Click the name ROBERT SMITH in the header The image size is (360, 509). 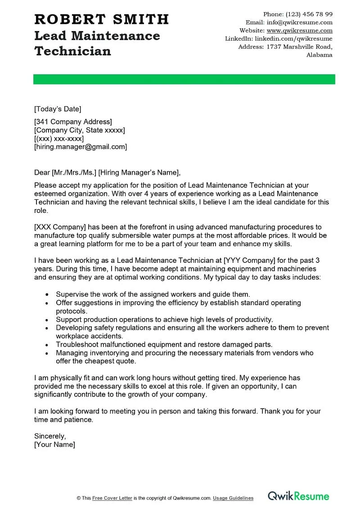click(x=101, y=19)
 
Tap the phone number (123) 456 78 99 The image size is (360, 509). click(x=310, y=14)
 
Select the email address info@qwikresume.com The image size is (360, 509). click(x=299, y=22)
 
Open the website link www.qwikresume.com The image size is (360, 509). click(x=299, y=31)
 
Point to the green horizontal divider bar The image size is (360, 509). click(x=184, y=79)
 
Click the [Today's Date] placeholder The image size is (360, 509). click(x=58, y=108)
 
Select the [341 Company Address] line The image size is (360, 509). click(x=73, y=122)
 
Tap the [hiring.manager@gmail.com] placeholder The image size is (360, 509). click(x=81, y=147)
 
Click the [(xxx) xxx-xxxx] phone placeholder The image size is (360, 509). click(x=59, y=139)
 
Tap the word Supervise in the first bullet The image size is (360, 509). click(x=72, y=294)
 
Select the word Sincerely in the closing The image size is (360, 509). click(x=50, y=436)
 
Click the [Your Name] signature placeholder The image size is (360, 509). click(x=54, y=445)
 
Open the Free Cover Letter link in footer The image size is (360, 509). click(x=112, y=498)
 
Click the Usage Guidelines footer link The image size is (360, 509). click(x=233, y=498)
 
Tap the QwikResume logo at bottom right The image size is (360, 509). click(x=298, y=496)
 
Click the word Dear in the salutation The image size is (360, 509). click(x=42, y=172)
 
